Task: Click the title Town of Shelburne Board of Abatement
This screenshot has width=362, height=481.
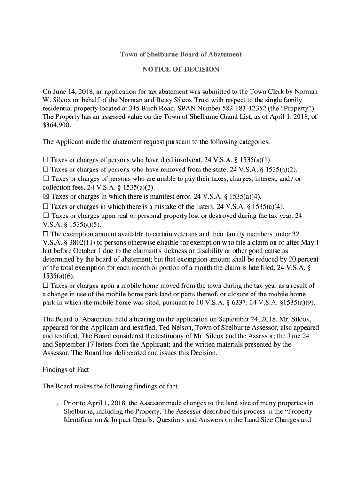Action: click(181, 54)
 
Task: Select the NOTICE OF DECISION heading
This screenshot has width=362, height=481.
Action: click(181, 70)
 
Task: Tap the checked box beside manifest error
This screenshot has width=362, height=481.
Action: click(46, 197)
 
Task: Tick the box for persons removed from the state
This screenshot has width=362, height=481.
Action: click(46, 170)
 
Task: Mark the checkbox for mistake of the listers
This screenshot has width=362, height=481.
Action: click(46, 206)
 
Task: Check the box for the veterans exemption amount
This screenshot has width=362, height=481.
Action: click(46, 234)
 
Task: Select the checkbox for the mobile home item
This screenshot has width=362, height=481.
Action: click(46, 286)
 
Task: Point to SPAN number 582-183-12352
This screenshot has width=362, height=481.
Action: click(249, 109)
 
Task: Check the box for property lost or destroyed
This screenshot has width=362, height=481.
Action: click(46, 216)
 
